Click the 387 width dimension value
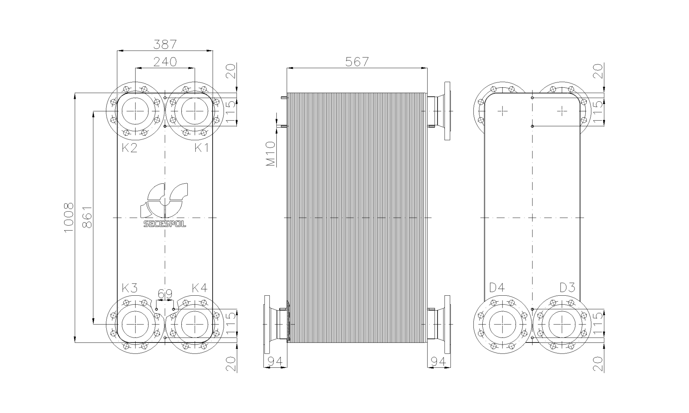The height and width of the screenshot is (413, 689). [165, 44]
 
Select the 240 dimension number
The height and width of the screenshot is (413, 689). [165, 62]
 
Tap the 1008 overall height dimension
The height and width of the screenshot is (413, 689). [69, 218]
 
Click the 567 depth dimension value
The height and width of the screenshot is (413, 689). [357, 62]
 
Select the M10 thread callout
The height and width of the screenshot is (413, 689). [270, 154]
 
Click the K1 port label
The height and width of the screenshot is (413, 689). [202, 148]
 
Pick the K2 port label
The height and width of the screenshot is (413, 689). [130, 148]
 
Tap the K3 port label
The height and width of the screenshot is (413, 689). [130, 288]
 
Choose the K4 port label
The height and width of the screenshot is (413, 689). [200, 288]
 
